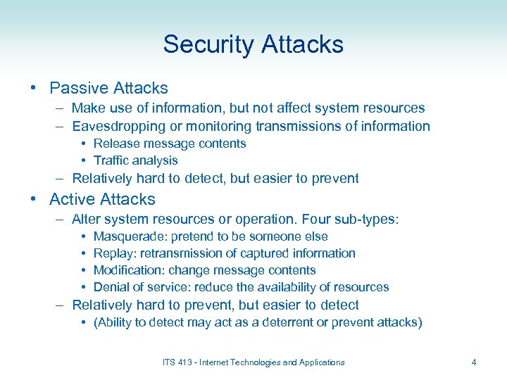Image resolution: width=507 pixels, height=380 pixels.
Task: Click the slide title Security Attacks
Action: (254, 44)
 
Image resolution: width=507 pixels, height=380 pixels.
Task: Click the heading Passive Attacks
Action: (108, 88)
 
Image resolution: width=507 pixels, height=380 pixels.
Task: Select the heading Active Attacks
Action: (102, 199)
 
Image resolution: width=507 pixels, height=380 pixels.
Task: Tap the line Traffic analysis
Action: (135, 160)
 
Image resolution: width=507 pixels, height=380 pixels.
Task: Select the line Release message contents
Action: (170, 144)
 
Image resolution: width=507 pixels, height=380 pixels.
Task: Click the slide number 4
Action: (474, 362)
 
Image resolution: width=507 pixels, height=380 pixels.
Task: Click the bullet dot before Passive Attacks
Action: (34, 88)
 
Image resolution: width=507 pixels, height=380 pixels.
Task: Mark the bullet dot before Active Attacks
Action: (34, 199)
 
